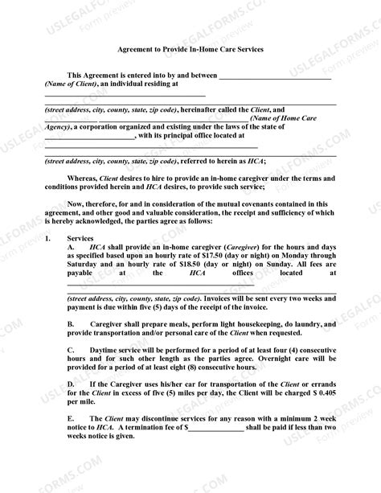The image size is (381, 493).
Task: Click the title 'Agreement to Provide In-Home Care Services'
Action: [x=190, y=49]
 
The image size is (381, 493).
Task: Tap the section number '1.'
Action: [x=47, y=239]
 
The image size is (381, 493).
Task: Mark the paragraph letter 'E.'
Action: [x=72, y=419]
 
